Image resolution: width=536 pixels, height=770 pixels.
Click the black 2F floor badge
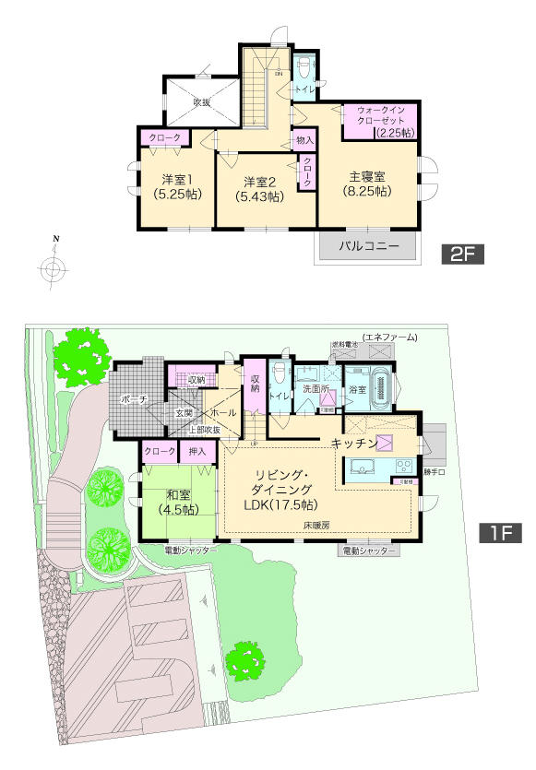tap(462, 254)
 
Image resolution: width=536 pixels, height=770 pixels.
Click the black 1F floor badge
tap(501, 533)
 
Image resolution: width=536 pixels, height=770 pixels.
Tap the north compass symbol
tap(54, 268)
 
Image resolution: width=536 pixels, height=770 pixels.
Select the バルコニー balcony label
tap(368, 247)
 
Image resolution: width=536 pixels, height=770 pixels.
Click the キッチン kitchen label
tap(353, 444)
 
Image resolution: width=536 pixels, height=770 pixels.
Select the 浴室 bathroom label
tap(356, 390)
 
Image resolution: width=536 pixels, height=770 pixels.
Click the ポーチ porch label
tap(135, 398)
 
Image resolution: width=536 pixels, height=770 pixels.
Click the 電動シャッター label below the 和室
tap(191, 551)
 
